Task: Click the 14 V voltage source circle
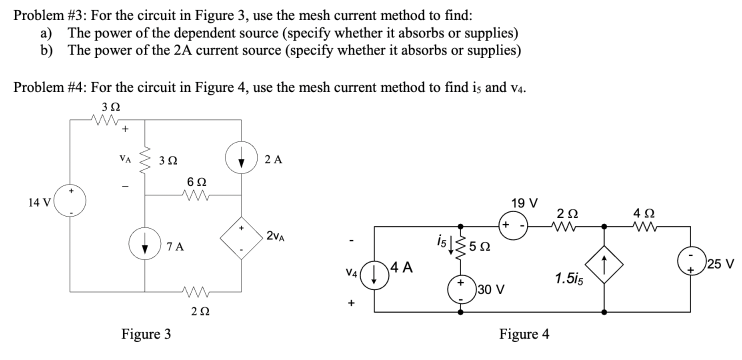coord(70,202)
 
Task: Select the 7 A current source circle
coord(145,246)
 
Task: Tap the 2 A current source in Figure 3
coord(242,159)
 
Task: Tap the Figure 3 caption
coord(146,334)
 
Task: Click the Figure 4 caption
coord(524,334)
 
